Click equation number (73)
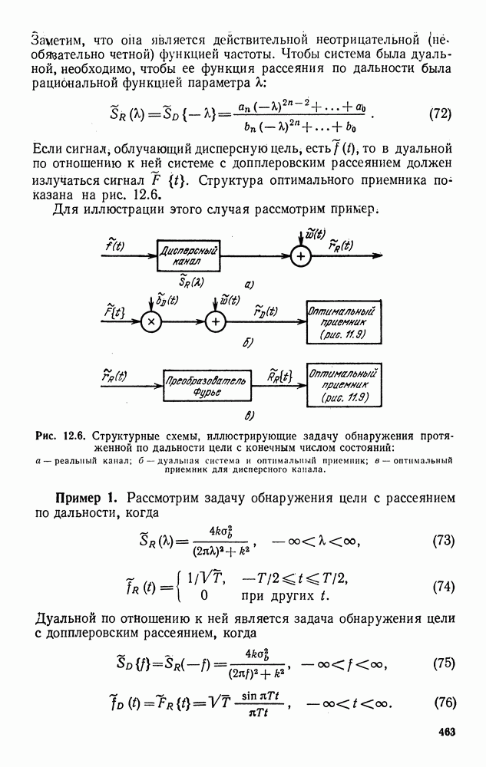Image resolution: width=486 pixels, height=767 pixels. click(x=439, y=540)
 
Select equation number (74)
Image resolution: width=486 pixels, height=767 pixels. click(x=439, y=587)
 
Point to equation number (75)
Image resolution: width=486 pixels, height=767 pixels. click(x=439, y=663)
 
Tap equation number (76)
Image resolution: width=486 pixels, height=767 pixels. click(x=439, y=703)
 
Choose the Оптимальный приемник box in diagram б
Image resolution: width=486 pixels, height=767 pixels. click(x=344, y=322)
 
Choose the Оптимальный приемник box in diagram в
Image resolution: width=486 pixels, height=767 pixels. click(x=344, y=386)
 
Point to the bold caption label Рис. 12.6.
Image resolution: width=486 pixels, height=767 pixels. click(x=61, y=436)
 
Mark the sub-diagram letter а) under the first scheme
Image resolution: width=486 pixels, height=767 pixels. click(x=249, y=284)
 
